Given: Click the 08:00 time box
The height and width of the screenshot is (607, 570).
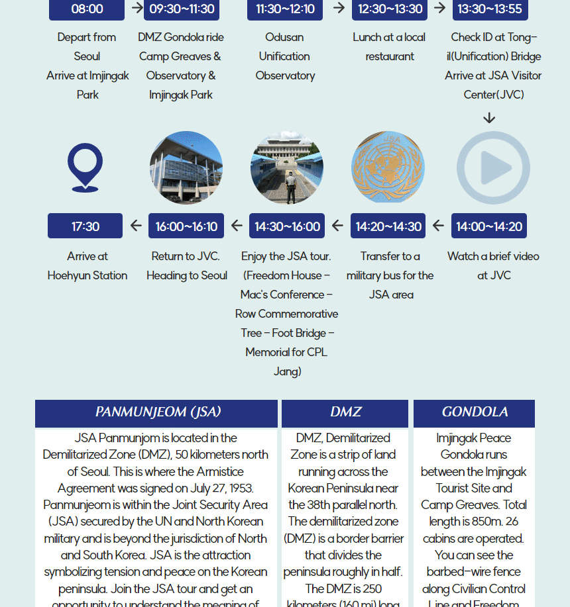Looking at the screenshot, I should coord(87,9).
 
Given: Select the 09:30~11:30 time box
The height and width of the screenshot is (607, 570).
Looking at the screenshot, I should coord(182,9).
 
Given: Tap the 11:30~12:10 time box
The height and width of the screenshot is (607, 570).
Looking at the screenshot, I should coord(285,9).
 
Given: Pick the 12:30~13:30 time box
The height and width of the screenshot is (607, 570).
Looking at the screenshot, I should coord(390,9).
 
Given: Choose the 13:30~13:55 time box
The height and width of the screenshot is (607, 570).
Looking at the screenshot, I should coord(490,9).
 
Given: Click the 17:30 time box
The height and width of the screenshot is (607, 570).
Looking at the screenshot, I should coord(85,226).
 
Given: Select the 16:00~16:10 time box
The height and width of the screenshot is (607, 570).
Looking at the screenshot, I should coord(186,226).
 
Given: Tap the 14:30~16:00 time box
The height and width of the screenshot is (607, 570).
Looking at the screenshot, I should coord(287,226).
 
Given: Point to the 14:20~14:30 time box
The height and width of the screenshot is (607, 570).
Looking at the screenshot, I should coord(388,226).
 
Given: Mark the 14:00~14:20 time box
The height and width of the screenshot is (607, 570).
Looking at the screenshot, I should coord(489,226).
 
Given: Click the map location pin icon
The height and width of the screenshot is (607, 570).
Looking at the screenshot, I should coord(85,167).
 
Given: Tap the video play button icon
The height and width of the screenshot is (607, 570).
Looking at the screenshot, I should coord(493,167).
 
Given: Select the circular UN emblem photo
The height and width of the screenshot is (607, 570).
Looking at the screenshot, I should coord(388,167).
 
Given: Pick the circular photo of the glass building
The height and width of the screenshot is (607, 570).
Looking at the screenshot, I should coord(186,167).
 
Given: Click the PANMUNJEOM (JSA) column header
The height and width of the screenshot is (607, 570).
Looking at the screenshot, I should coord(157,412).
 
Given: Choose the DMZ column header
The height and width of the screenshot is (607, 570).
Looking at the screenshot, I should coord(345,412).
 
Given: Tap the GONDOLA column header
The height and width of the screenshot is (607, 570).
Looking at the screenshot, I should coord(475,412).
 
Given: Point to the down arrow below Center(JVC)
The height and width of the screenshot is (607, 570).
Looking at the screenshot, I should coord(489,118).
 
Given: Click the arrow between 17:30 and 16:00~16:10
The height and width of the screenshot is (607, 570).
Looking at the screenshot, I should coord(136,226).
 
